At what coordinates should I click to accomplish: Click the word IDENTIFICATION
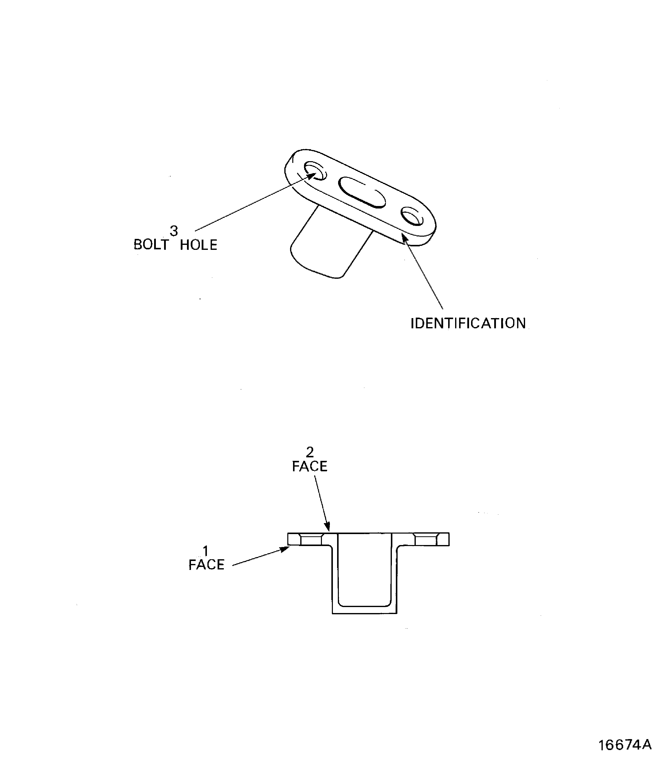click(468, 324)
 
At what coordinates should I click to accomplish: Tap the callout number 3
click(174, 231)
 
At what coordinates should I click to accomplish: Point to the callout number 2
click(310, 452)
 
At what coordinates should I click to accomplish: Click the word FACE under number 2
click(310, 467)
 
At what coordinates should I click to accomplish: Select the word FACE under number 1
click(206, 565)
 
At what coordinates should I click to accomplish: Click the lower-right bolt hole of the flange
click(412, 216)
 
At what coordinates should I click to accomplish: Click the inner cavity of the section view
click(364, 570)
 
